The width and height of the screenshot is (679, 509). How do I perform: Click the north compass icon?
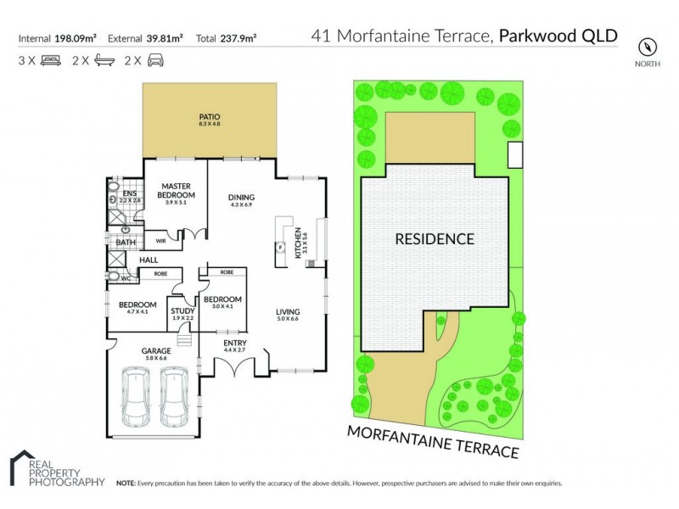(x=649, y=45)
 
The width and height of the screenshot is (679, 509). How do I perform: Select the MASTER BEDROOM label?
(x=179, y=191)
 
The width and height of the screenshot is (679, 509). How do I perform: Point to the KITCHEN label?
(x=298, y=243)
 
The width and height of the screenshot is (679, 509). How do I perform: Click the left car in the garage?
(x=137, y=397)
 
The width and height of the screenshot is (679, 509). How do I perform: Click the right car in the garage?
(x=175, y=397)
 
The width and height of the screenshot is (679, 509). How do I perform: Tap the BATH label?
(x=126, y=243)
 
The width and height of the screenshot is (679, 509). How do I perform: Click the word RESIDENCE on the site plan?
(x=435, y=239)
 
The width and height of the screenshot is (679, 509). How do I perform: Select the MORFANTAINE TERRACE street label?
(x=432, y=441)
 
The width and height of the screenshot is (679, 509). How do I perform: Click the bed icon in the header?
(x=50, y=60)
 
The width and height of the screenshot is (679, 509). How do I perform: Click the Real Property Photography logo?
(x=53, y=469)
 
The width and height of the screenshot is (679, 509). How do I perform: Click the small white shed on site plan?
(x=515, y=155)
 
